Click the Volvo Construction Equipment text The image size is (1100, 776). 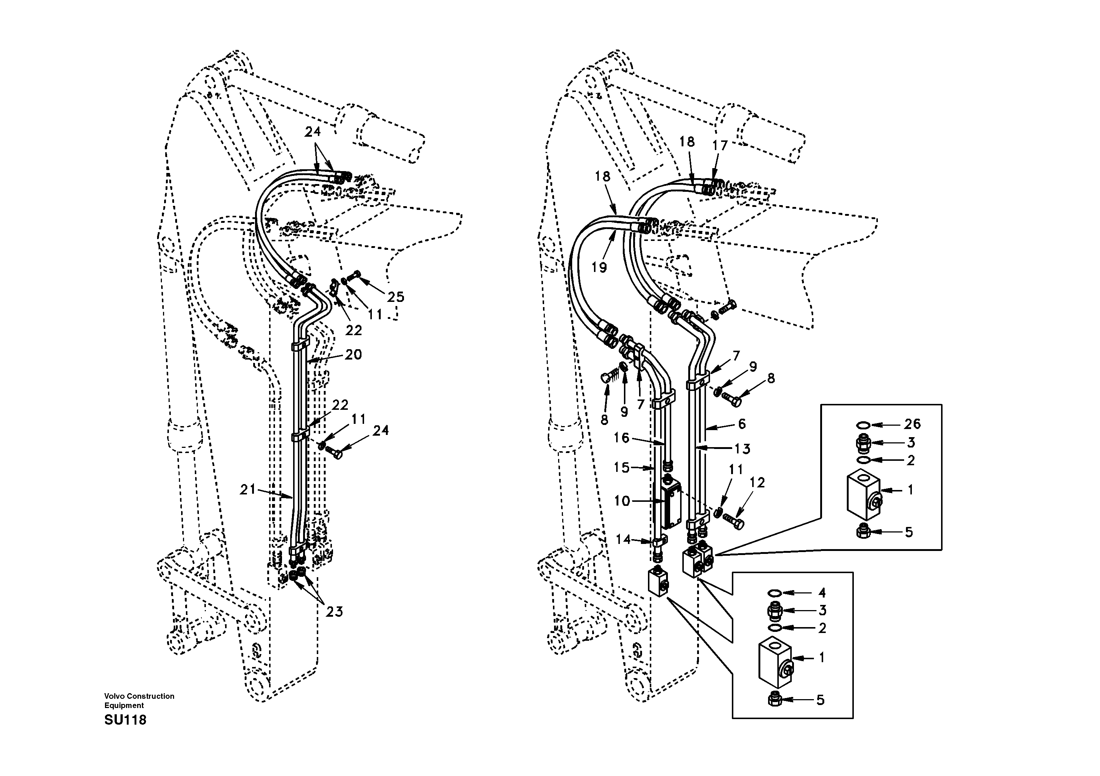[x=139, y=700]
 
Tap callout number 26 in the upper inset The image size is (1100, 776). [x=912, y=423]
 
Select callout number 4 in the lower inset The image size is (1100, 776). [x=822, y=593]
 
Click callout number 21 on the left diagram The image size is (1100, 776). [x=248, y=490]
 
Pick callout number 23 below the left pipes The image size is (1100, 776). [x=335, y=612]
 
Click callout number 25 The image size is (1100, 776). [x=396, y=297]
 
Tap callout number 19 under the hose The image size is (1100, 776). [x=599, y=267]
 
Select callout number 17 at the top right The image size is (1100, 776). [x=720, y=145]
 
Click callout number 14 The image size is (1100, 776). [x=623, y=540]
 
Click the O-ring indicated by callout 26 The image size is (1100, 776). [x=862, y=425]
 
